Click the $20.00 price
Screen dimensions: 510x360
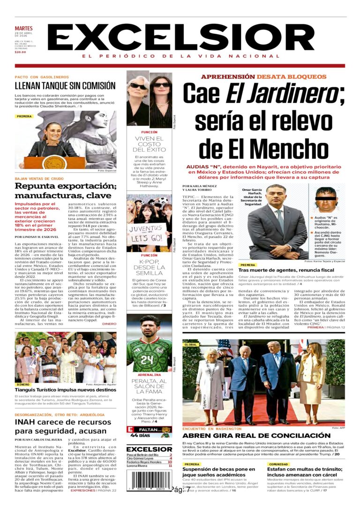(21, 52)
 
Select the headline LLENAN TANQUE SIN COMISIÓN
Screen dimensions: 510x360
(65, 86)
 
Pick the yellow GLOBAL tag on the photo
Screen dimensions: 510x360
(191, 344)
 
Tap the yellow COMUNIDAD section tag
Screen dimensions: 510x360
(277, 464)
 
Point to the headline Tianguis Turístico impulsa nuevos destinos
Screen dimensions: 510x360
(65, 390)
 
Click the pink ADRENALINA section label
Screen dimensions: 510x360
(149, 375)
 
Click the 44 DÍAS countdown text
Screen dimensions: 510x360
(140, 435)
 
